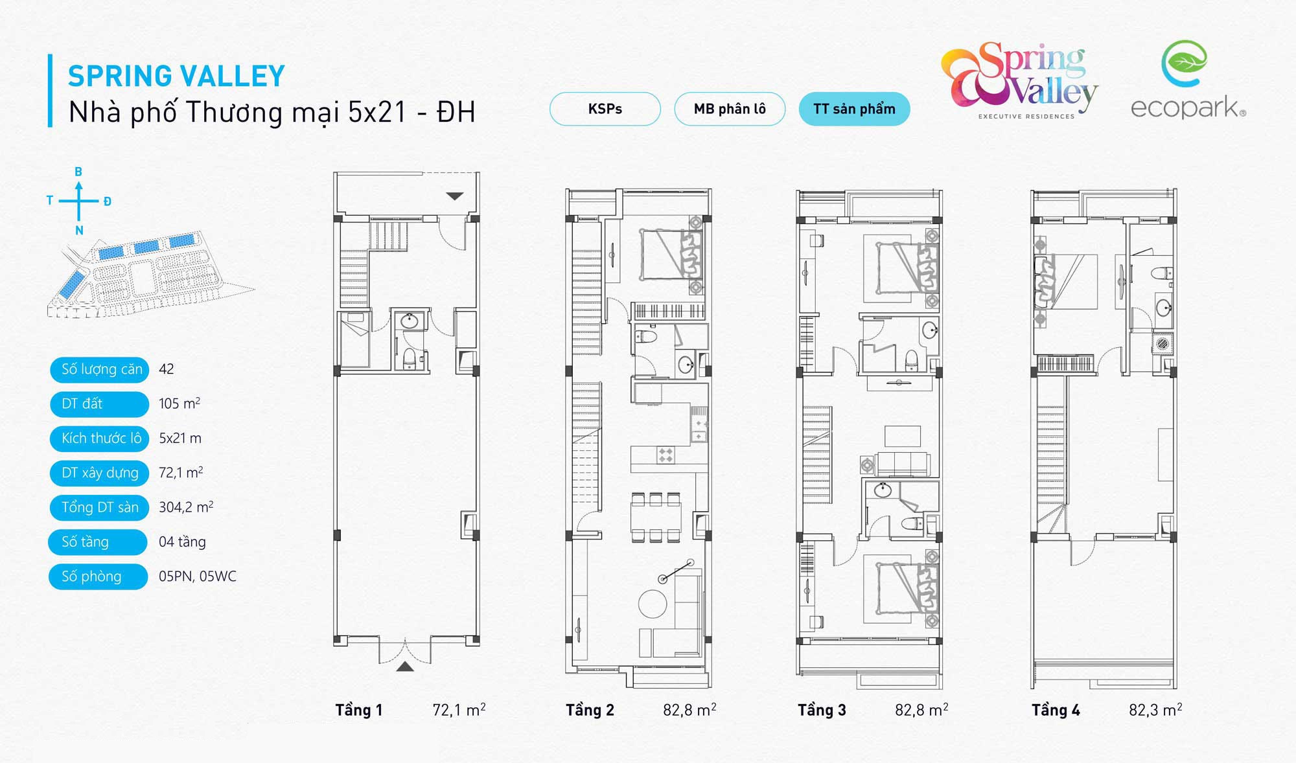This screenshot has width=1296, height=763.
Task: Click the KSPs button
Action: click(605, 109)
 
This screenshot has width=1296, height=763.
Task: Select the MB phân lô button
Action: click(730, 109)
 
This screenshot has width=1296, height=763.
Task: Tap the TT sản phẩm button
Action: click(854, 109)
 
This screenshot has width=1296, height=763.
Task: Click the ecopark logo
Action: click(1188, 80)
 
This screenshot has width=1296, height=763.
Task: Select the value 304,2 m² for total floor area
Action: click(186, 507)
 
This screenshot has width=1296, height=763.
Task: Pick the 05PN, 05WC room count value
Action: click(198, 576)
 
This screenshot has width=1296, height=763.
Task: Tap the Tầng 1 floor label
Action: click(359, 710)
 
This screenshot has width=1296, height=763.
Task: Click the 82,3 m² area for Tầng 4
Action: click(1155, 710)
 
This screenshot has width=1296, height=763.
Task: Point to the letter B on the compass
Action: click(78, 172)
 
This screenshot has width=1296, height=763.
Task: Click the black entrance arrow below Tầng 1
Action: click(405, 666)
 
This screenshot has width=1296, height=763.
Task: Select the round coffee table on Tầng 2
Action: click(653, 604)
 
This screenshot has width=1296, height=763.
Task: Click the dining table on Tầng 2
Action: click(656, 517)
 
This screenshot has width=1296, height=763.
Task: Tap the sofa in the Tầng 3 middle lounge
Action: click(902, 464)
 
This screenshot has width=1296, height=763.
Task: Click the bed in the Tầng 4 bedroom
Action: click(1067, 281)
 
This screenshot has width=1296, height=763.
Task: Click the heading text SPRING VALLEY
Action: click(176, 76)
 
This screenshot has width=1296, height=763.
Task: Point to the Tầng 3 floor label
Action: click(822, 710)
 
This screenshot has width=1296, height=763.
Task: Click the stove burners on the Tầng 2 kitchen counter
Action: click(665, 455)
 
